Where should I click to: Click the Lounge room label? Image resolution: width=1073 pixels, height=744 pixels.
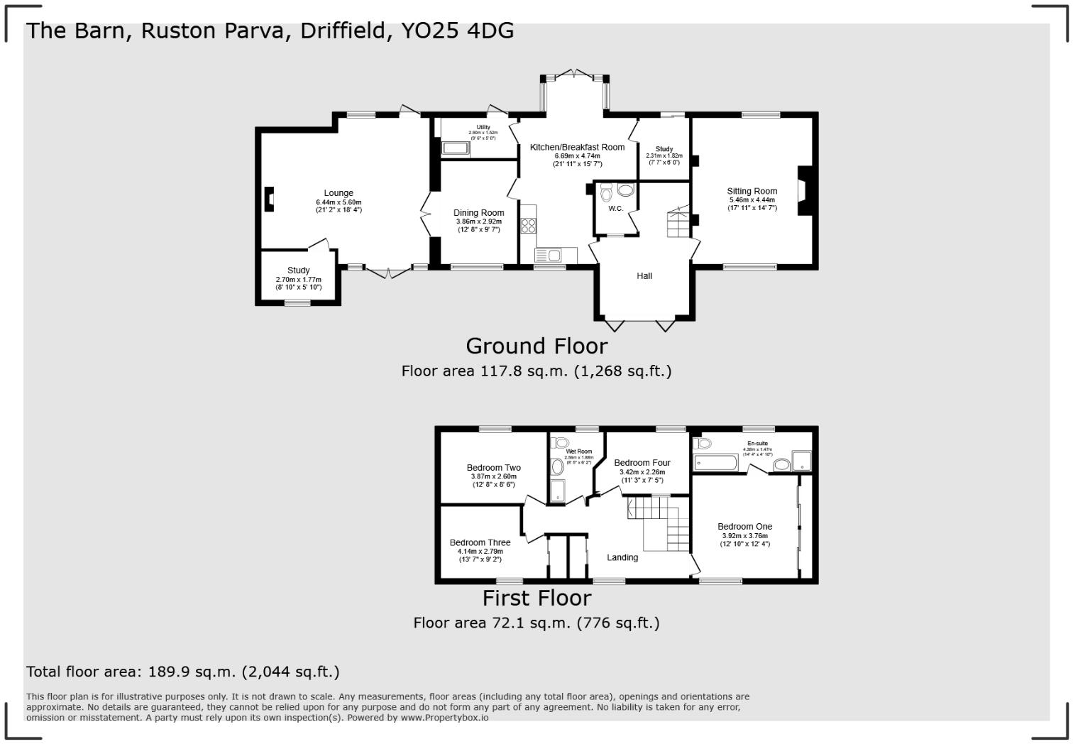(339, 193)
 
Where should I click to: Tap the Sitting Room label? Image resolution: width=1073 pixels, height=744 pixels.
(752, 191)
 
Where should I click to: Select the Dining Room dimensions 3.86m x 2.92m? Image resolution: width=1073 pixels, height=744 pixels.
(478, 221)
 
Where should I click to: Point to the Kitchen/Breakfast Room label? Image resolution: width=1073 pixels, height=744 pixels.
(577, 147)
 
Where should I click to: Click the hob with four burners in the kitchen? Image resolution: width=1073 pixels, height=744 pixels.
(529, 225)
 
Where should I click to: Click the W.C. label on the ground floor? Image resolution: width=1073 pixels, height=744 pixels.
(615, 209)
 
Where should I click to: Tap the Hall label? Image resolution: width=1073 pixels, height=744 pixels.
(644, 275)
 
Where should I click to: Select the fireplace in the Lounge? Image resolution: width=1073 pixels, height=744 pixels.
(269, 199)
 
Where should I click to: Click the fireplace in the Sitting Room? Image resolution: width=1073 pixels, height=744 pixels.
(803, 190)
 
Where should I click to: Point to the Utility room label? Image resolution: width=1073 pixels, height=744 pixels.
(483, 127)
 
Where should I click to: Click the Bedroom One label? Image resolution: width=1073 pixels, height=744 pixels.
(744, 527)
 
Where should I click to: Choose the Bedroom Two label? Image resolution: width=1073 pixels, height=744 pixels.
(493, 468)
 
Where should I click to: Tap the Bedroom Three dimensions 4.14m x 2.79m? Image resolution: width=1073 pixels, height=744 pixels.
(480, 552)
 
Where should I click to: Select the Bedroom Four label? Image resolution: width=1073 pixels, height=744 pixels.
(642, 463)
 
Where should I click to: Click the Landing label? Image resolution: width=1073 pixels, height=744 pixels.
(622, 557)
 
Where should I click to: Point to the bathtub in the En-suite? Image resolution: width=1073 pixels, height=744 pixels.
(717, 464)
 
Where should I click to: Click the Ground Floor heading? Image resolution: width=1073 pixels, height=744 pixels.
(536, 346)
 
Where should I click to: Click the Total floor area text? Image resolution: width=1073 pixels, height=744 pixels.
(182, 672)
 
